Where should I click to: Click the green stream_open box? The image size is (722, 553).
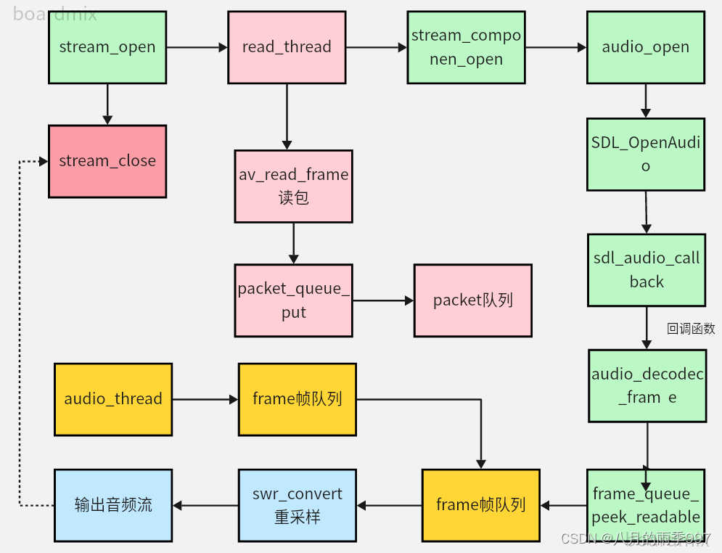point(107,47)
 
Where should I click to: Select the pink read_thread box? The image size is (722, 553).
point(287,47)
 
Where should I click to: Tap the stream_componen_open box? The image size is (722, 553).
point(466,47)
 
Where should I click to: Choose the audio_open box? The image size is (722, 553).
point(646,47)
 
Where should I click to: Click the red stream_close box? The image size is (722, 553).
point(107,161)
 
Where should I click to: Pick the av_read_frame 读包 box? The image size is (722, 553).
point(293,187)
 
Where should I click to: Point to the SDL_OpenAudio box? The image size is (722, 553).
point(646,154)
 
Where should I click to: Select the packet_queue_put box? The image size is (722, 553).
point(293,300)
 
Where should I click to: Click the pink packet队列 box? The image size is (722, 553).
point(472,300)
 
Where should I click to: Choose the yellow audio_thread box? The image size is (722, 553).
point(113,399)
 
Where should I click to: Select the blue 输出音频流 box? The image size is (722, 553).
point(113,505)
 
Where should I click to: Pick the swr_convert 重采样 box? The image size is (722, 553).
point(298,505)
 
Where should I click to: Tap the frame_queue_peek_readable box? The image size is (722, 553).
point(646,505)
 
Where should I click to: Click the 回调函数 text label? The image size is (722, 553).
point(690,329)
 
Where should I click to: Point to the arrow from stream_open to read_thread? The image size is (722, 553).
point(197,47)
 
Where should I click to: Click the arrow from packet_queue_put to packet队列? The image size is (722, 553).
point(383,300)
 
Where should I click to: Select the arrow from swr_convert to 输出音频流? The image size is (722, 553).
point(205,505)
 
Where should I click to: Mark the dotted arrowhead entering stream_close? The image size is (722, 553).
point(43,161)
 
